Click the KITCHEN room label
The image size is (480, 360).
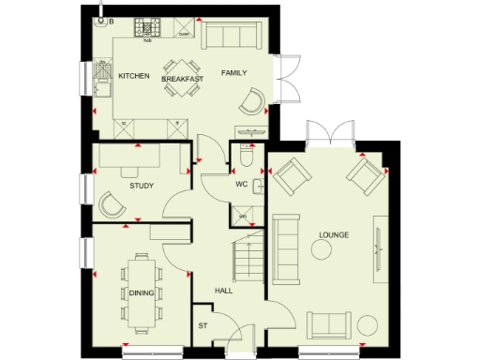(133, 76)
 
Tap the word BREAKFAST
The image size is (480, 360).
(182, 80)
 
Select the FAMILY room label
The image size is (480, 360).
(233, 72)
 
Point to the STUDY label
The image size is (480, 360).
(142, 186)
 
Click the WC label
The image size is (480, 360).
(240, 184)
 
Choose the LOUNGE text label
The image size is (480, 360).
(334, 233)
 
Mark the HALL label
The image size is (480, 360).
(223, 291)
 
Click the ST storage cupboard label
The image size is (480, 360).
(202, 325)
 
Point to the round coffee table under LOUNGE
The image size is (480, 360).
(322, 250)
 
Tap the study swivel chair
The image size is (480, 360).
(114, 203)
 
